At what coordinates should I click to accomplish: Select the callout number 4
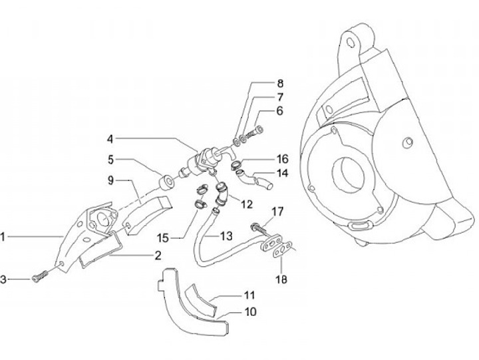click(110, 139)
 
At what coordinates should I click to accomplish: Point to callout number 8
click(280, 84)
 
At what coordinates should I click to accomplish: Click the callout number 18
click(283, 280)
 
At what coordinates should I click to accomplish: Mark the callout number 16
click(282, 159)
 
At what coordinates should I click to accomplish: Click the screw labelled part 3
click(39, 275)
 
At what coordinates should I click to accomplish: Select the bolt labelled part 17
click(257, 228)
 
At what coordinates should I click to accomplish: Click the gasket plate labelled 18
click(276, 250)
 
